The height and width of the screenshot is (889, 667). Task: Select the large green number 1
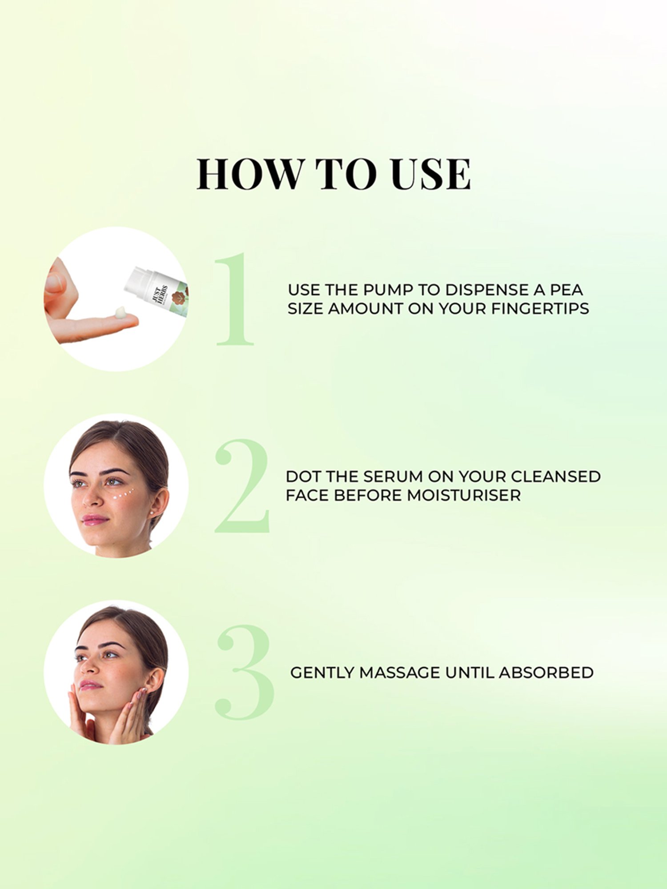(x=234, y=299)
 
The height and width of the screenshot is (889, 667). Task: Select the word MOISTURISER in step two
(x=464, y=495)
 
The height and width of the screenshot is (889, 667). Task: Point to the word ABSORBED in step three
(x=546, y=673)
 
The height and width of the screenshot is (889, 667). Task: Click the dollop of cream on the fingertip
(x=121, y=312)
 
